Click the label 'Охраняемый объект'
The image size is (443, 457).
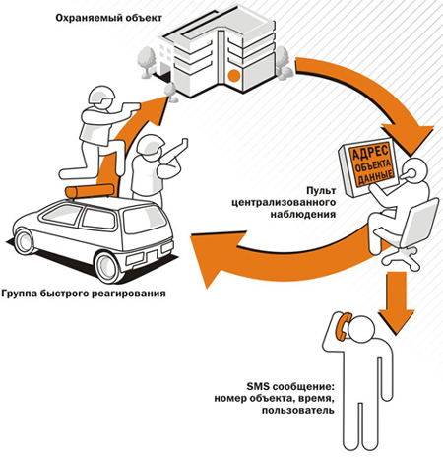(108, 18)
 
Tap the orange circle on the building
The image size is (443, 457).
(234, 76)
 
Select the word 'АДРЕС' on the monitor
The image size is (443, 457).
(369, 153)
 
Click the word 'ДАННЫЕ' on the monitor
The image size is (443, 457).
(376, 177)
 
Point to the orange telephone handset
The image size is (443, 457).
(344, 326)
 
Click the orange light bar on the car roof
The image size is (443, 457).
(90, 191)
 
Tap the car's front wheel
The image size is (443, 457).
(25, 241)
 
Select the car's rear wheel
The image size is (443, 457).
(107, 267)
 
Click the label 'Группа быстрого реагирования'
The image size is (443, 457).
(84, 293)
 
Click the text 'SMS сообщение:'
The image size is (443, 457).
(290, 386)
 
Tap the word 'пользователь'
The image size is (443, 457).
(298, 410)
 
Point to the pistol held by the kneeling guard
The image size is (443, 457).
(131, 107)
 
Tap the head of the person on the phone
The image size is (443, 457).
(360, 328)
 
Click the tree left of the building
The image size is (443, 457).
(146, 62)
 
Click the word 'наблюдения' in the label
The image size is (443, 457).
(303, 215)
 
